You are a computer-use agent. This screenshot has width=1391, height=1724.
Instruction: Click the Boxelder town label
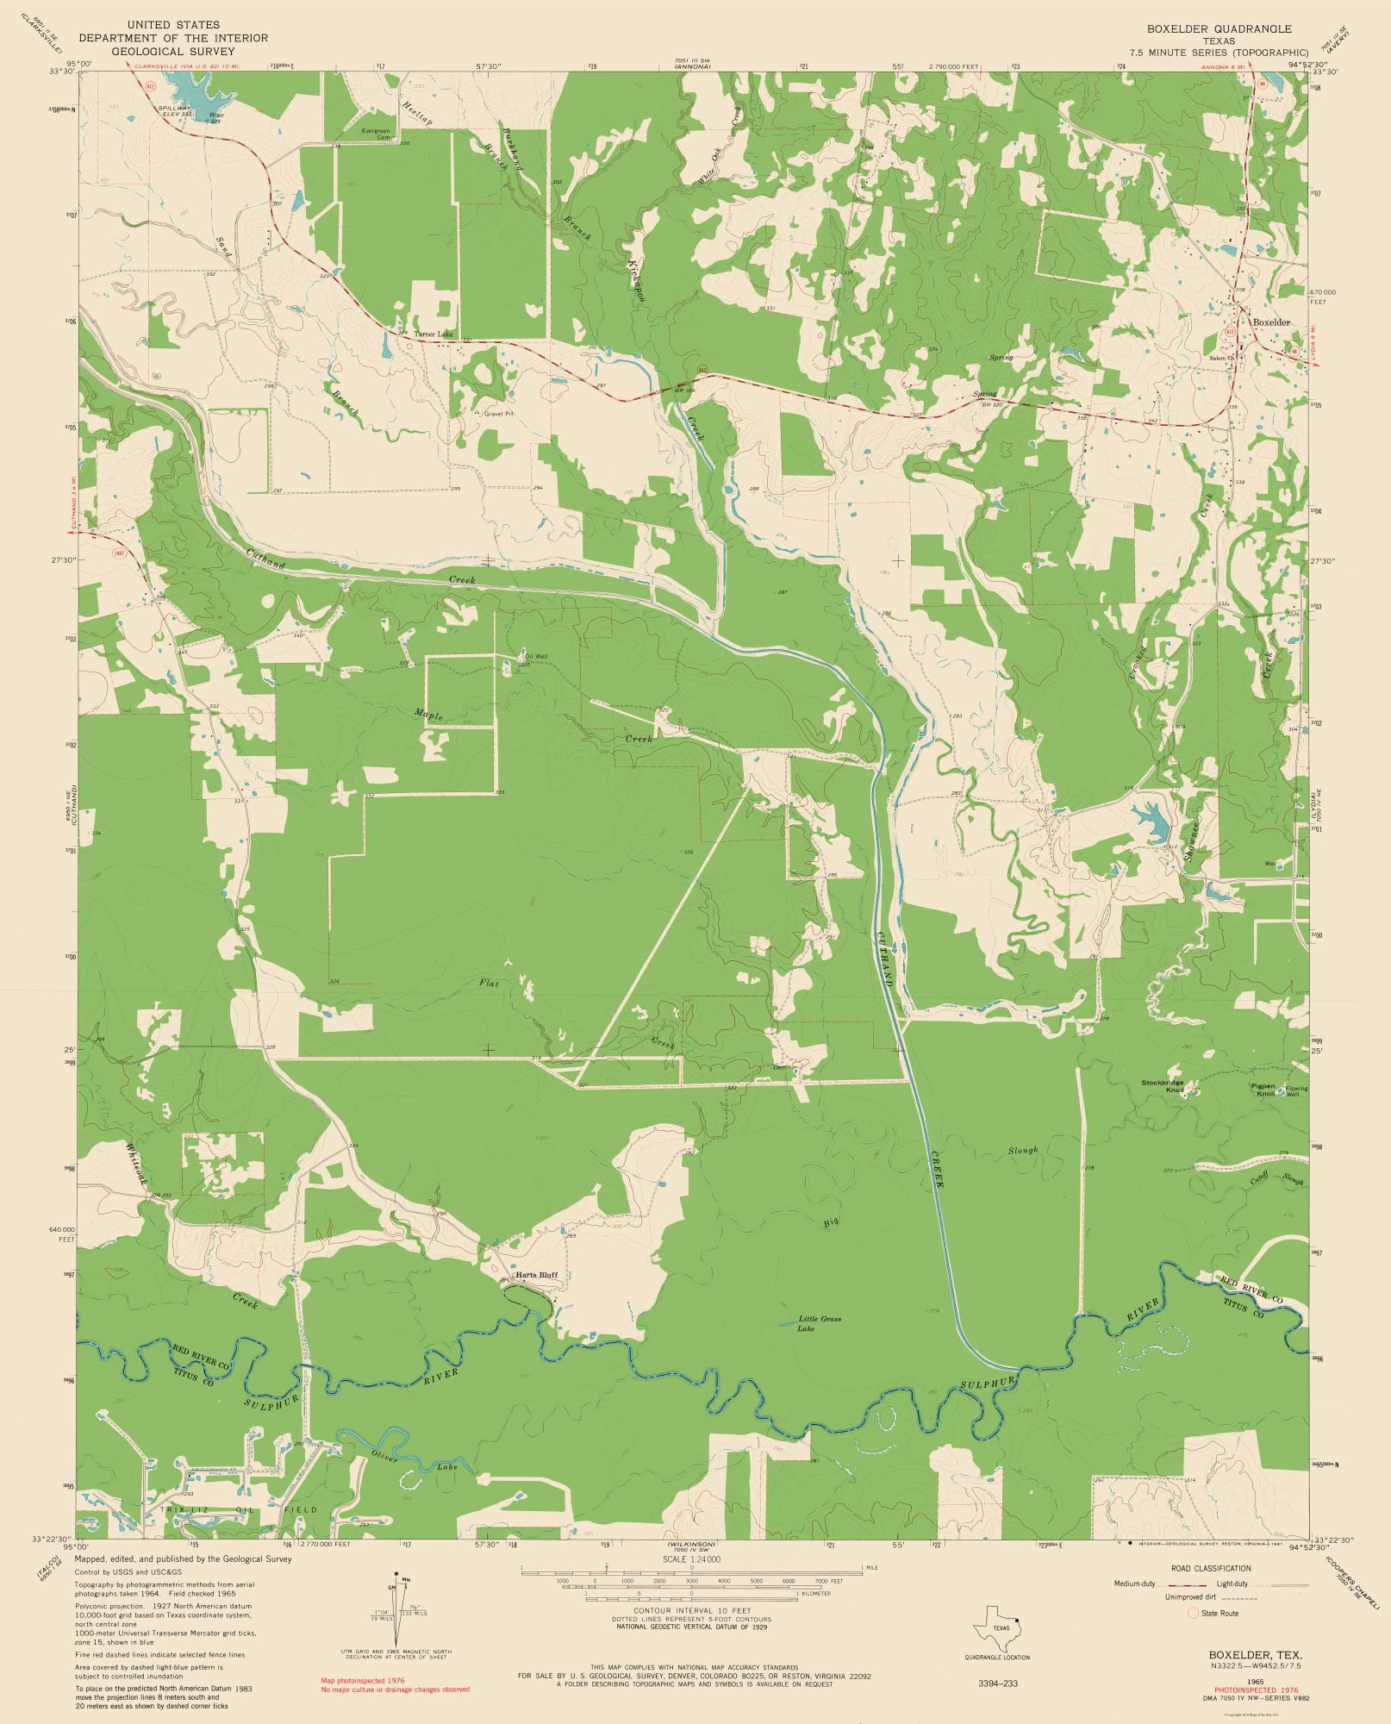1271,322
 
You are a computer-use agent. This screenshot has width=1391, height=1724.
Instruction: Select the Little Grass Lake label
819,1324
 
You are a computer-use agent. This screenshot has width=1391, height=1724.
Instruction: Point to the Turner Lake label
433,334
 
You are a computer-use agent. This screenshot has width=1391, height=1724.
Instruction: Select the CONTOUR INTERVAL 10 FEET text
692,1610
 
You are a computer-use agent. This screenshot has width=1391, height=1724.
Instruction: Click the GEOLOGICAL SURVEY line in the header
173,51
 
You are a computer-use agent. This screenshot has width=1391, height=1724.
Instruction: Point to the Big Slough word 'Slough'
1024,1151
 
